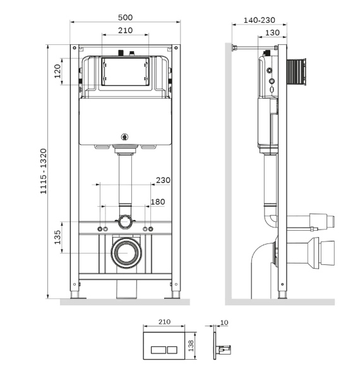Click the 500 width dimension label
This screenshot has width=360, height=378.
tap(125, 17)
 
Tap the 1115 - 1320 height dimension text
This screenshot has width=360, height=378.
tap(44, 171)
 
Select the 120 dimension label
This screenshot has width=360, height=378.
tap(57, 71)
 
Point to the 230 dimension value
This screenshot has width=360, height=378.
tap(163, 180)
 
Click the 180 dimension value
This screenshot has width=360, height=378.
tap(158, 202)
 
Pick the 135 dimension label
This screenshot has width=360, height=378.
tap(57, 237)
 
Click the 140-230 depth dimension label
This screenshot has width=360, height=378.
tap(260, 20)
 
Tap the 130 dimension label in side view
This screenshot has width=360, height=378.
tap(272, 32)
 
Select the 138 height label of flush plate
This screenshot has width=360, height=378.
tap(191, 346)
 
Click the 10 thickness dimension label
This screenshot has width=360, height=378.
tap(224, 322)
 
